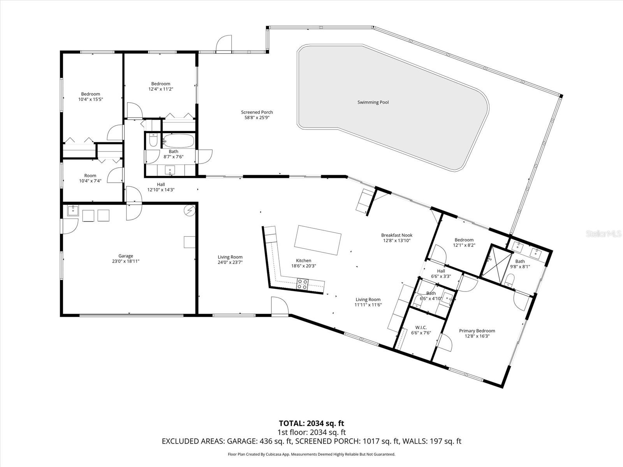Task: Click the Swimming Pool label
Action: click(x=373, y=102)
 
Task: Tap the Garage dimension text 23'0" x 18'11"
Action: click(x=125, y=261)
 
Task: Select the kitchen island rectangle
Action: click(x=318, y=240)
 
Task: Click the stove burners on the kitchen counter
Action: click(x=303, y=284)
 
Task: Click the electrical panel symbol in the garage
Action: click(x=189, y=210)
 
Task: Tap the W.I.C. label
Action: click(x=421, y=327)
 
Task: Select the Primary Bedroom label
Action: click(x=477, y=331)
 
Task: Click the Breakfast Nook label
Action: click(x=396, y=235)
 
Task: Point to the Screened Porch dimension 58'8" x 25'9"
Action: click(x=257, y=117)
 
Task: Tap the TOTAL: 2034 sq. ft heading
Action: click(x=311, y=423)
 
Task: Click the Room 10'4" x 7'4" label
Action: click(x=90, y=176)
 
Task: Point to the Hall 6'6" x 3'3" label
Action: click(x=441, y=271)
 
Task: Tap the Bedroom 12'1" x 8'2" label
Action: click(x=464, y=240)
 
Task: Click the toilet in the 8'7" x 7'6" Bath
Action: click(x=153, y=140)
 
